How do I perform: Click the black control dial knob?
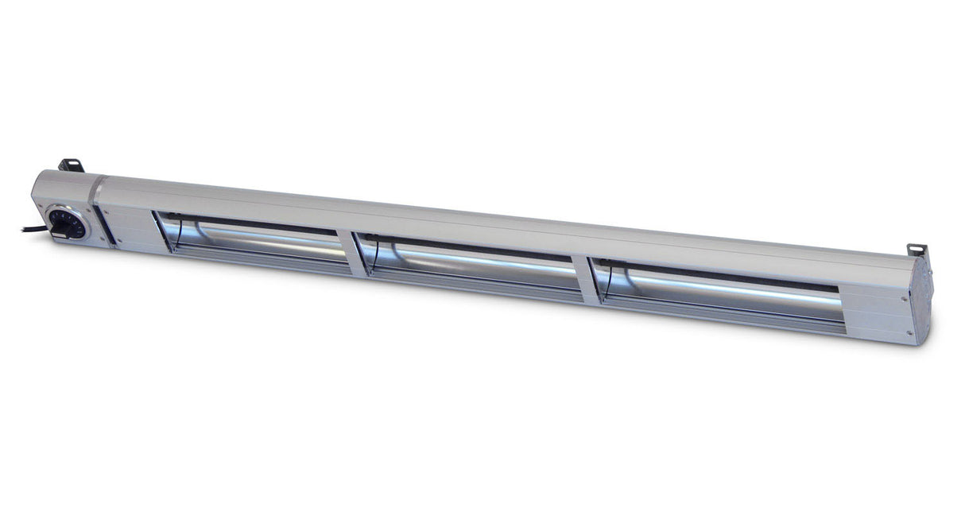[67, 223]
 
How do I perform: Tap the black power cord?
[34, 229]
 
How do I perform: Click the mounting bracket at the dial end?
[71, 165]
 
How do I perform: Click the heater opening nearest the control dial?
[253, 242]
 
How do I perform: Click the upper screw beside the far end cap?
[905, 300]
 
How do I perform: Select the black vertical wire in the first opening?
[179, 233]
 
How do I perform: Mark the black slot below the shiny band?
[105, 225]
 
